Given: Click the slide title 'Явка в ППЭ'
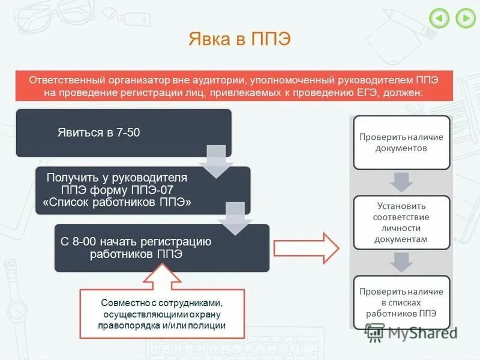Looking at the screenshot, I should [239, 39].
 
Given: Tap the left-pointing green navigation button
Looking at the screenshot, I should [439, 18].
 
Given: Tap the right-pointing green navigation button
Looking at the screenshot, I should [465, 18].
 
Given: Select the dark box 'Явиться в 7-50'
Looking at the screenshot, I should [123, 133].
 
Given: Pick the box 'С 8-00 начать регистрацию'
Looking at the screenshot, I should [162, 247].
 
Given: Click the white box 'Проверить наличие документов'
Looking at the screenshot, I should [401, 142].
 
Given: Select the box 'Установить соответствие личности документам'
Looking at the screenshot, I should [401, 222].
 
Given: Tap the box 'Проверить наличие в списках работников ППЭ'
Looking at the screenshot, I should [401, 302].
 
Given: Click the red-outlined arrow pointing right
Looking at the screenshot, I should [306, 247].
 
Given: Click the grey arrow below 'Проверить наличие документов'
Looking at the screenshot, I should [401, 182].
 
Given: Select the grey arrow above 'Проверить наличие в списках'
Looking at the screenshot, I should [401, 262].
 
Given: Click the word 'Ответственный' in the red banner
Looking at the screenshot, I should [65, 80].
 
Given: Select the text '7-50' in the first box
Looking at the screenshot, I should [128, 133].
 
